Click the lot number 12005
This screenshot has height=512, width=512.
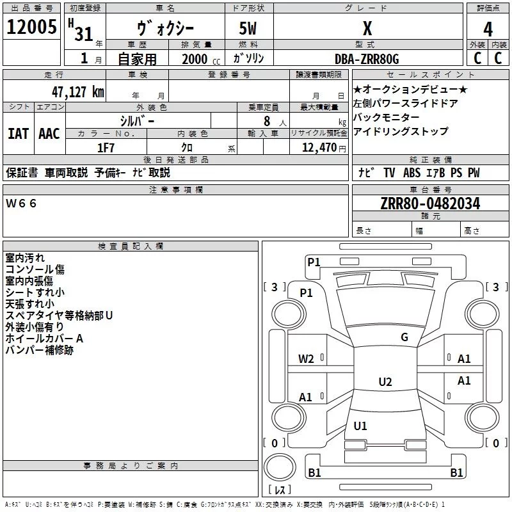(31, 27)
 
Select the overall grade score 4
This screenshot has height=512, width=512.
(488, 29)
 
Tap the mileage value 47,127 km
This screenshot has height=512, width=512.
(78, 92)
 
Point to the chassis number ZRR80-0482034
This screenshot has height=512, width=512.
(430, 204)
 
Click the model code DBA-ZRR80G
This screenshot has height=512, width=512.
(367, 59)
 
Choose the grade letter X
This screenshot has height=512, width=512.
(367, 28)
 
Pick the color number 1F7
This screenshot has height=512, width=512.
(106, 148)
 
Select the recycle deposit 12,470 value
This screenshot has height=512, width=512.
(319, 148)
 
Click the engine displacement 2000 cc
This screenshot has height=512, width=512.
(201, 60)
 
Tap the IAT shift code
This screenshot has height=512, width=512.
(19, 134)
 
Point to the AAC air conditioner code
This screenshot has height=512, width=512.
(49, 134)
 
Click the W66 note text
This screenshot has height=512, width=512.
(21, 204)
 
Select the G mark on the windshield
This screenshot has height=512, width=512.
(404, 337)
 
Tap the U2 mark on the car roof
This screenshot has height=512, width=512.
(385, 381)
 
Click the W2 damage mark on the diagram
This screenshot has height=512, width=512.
(306, 359)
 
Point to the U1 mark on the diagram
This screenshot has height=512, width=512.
(360, 426)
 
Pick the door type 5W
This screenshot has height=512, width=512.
(248, 28)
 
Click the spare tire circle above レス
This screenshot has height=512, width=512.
(280, 467)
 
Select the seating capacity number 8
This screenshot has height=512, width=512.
(267, 121)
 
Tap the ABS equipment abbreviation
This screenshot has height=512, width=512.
(412, 173)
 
